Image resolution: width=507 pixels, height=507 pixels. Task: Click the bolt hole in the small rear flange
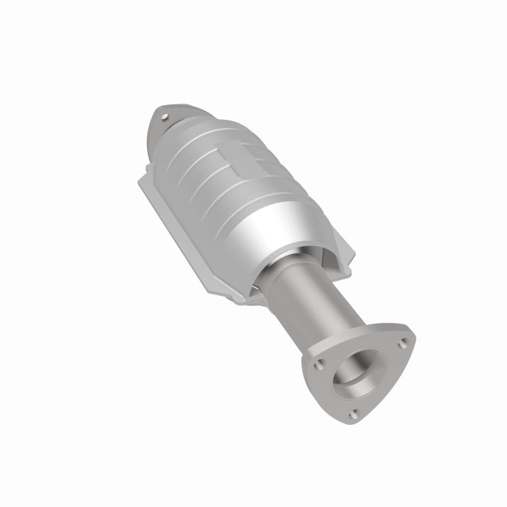pyautogui.click(x=166, y=117)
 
